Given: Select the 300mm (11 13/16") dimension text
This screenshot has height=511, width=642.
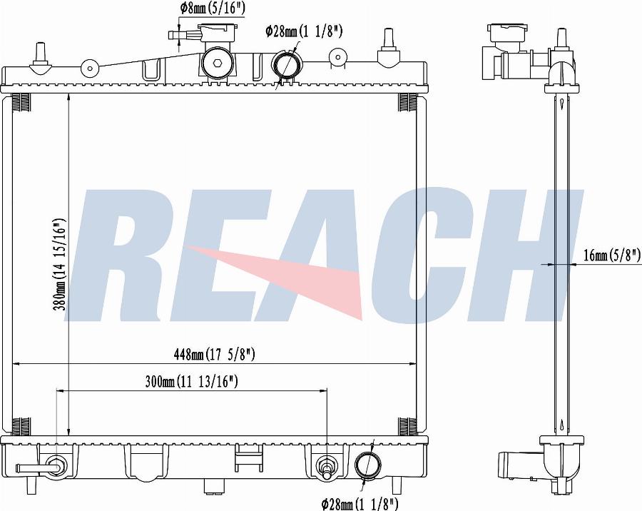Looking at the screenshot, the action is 192,382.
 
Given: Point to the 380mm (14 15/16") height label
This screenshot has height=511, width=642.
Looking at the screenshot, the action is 60,265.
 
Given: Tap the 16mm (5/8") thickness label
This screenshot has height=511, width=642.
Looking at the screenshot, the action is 612,255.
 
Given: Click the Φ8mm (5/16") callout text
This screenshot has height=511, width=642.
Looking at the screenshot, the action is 212,8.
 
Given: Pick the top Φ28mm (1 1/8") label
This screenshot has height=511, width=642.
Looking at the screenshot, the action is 303,31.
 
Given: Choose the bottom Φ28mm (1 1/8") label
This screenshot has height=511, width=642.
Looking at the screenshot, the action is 360,503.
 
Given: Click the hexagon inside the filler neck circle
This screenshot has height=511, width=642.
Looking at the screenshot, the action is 217,63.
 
